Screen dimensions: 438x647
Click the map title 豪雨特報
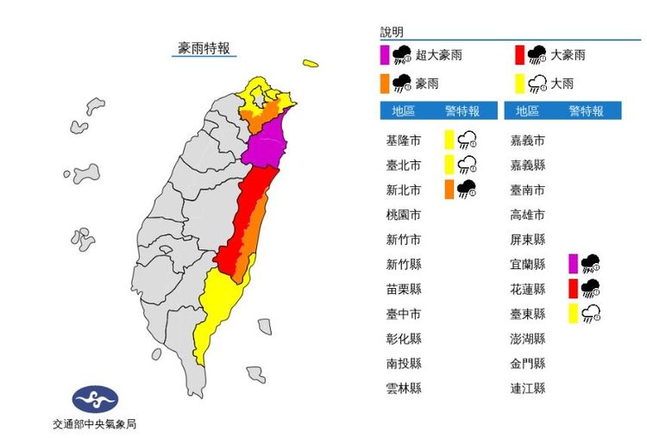click(204, 48)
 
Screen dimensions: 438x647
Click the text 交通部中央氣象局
click(95, 424)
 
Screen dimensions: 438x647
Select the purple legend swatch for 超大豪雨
click(384, 56)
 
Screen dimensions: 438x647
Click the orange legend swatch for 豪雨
click(384, 84)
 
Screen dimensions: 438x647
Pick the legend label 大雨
click(562, 84)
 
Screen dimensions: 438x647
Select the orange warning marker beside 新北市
click(449, 190)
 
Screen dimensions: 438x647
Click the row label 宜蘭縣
click(528, 264)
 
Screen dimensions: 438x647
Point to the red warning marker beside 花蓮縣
click(573, 289)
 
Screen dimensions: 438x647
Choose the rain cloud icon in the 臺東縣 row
click(591, 314)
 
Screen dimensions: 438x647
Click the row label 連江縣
click(528, 389)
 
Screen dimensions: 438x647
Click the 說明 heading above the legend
click(392, 32)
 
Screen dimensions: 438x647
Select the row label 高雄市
click(528, 214)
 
